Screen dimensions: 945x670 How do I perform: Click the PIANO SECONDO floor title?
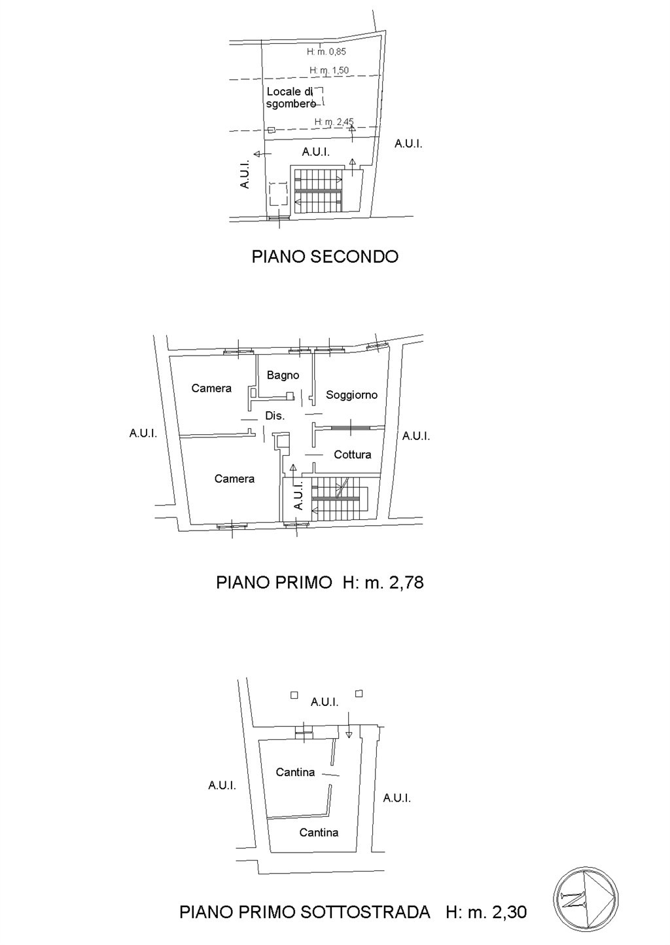click(325, 256)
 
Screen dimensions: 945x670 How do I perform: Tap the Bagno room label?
click(283, 375)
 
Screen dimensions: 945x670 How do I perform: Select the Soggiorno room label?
click(351, 395)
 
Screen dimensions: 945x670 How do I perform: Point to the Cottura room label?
click(352, 454)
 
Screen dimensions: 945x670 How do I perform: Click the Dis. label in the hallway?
click(275, 416)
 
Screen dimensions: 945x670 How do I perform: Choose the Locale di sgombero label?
click(291, 98)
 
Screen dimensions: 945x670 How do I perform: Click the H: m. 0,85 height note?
click(326, 52)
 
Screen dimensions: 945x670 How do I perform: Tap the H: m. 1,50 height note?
click(329, 70)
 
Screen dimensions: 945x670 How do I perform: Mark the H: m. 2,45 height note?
click(334, 122)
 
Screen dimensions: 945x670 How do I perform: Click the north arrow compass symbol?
click(586, 899)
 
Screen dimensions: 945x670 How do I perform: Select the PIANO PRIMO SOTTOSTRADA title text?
click(305, 912)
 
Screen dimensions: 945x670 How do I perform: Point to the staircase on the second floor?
click(318, 190)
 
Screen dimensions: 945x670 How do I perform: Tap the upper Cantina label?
click(295, 772)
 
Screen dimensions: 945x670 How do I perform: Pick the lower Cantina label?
click(319, 832)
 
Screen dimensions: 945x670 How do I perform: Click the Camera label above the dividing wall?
click(211, 388)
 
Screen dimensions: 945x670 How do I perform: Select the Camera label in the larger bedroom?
click(234, 479)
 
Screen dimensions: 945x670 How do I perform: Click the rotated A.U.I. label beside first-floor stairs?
click(298, 496)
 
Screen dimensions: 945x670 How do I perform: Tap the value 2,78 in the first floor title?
click(406, 582)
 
